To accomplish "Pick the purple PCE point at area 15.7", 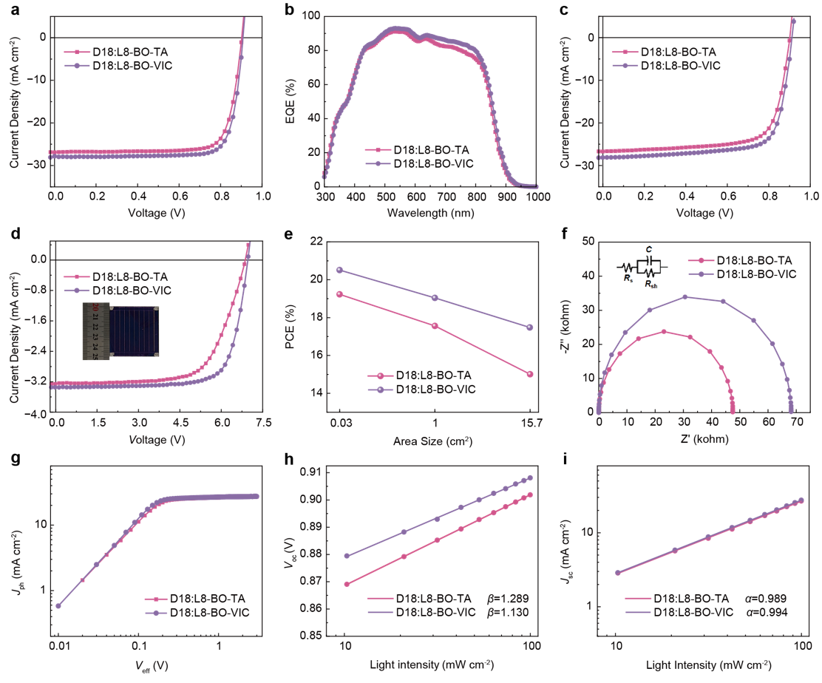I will pos(529,327).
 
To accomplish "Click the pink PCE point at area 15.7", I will pos(529,374).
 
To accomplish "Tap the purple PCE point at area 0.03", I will pos(339,270).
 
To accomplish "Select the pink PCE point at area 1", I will pos(435,326).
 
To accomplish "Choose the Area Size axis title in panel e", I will pos(435,442).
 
